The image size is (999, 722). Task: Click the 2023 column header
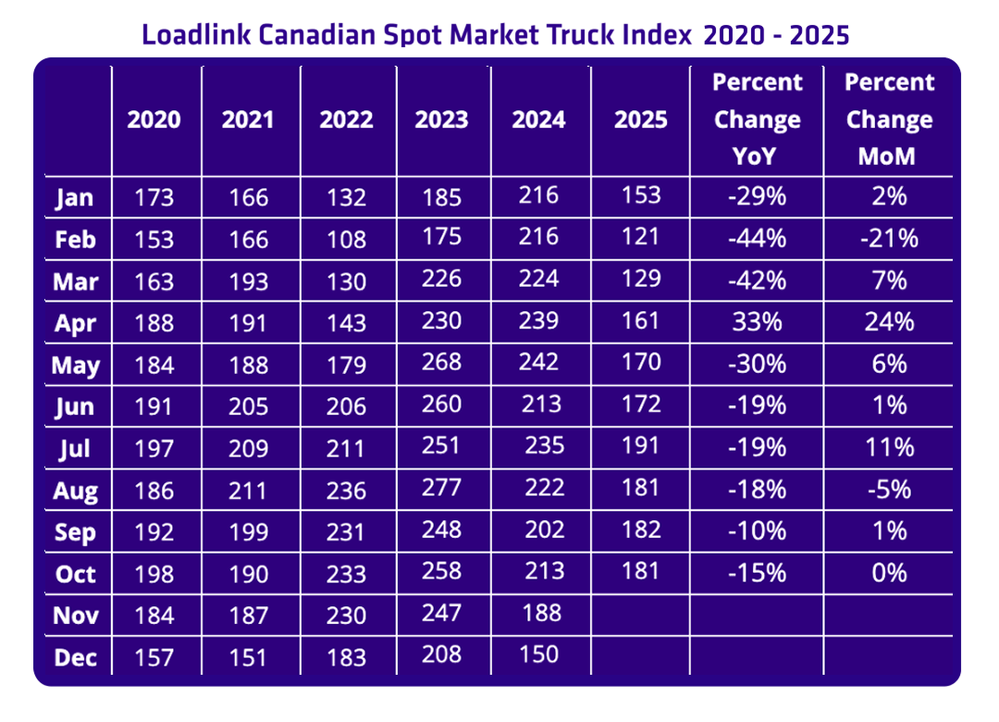pyautogui.click(x=441, y=120)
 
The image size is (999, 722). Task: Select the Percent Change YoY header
pyautogui.click(x=758, y=119)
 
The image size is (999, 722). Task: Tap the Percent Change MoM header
pyautogui.click(x=889, y=119)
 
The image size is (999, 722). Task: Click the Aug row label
pyautogui.click(x=76, y=491)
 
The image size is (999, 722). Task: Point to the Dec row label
pyautogui.click(x=76, y=656)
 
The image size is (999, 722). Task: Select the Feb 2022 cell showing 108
pyautogui.click(x=346, y=240)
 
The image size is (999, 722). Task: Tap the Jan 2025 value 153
pyautogui.click(x=641, y=195)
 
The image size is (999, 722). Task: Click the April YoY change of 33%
pyautogui.click(x=758, y=321)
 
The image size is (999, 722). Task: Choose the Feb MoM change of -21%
pyautogui.click(x=889, y=239)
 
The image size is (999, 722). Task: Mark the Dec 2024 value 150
pyautogui.click(x=538, y=654)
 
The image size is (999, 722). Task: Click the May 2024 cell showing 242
pyautogui.click(x=538, y=362)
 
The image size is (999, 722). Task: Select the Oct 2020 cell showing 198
pyautogui.click(x=154, y=573)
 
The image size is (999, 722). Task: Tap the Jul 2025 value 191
pyautogui.click(x=641, y=446)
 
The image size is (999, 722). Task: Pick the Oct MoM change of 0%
pyautogui.click(x=889, y=572)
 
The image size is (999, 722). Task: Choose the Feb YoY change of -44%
pyautogui.click(x=758, y=239)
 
